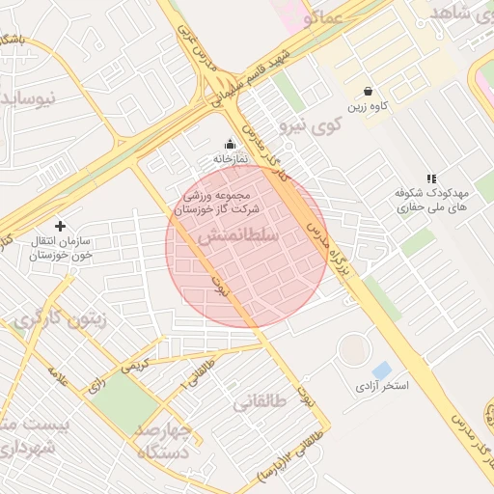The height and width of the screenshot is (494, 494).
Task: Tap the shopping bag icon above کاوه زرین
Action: click(x=369, y=91)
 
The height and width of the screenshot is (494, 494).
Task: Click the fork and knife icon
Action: click(x=431, y=178)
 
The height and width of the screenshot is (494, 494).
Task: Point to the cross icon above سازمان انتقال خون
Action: click(x=61, y=225)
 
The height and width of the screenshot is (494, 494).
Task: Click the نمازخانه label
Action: click(x=231, y=158)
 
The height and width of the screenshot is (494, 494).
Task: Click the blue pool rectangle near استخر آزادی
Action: click(x=382, y=370)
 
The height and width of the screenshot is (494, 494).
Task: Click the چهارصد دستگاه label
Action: click(x=165, y=439)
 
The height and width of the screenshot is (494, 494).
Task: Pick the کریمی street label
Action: click(x=133, y=368)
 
